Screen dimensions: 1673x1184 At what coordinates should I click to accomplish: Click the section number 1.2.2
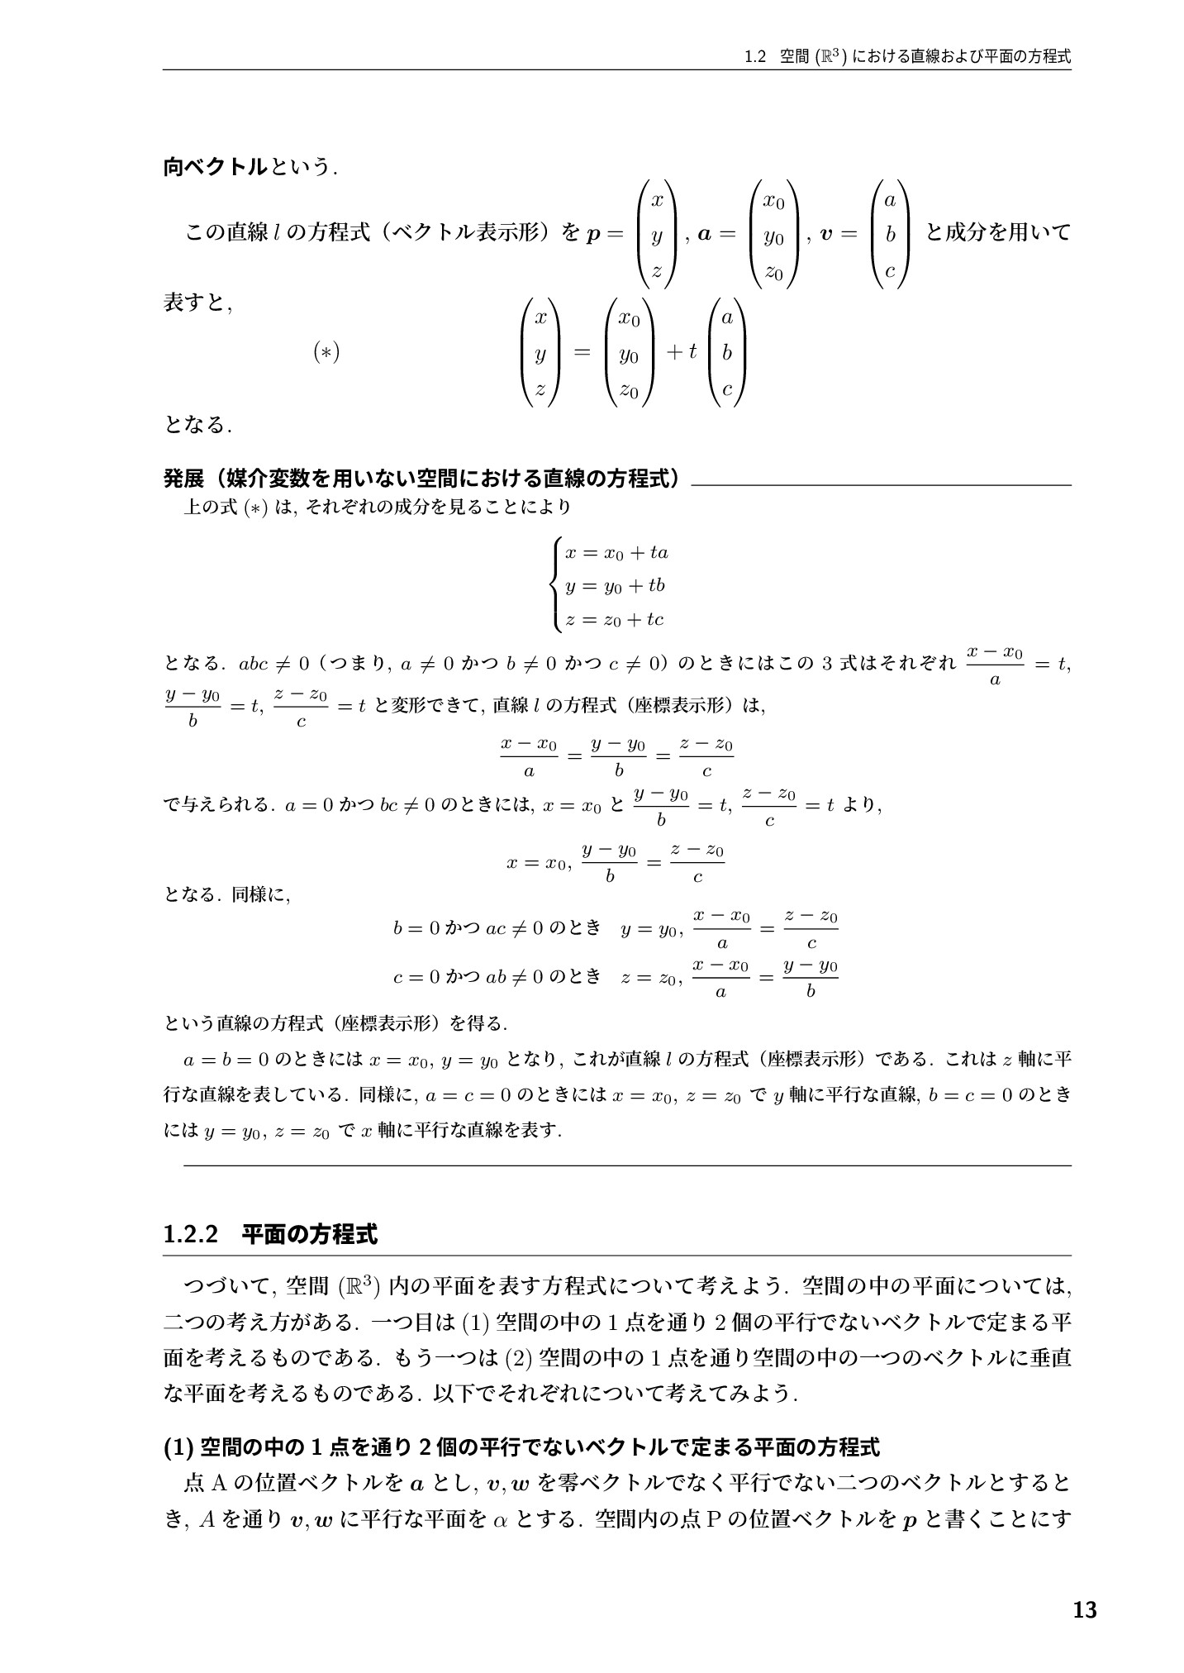[x=191, y=1235]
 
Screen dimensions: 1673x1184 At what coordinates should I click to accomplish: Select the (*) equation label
[x=326, y=353]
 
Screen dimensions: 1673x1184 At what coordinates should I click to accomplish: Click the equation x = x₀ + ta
[x=616, y=552]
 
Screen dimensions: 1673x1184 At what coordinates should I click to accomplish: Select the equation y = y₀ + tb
[x=615, y=586]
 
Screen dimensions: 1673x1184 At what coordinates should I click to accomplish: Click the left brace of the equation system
[x=557, y=586]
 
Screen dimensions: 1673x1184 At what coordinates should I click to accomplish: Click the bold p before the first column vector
[x=592, y=235]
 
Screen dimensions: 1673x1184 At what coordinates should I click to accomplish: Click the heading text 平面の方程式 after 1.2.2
[x=310, y=1235]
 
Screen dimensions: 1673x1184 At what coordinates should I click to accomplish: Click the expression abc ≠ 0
[x=273, y=663]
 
